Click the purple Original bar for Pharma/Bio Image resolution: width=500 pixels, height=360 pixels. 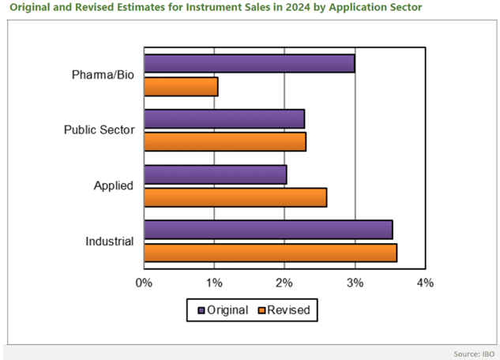click(249, 64)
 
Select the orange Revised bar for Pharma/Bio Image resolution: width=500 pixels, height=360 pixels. click(180, 85)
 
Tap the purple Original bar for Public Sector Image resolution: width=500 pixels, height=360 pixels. click(224, 119)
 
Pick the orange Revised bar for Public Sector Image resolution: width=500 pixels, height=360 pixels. click(225, 141)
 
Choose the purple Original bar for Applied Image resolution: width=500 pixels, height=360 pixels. click(215, 174)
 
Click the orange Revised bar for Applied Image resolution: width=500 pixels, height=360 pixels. click(235, 197)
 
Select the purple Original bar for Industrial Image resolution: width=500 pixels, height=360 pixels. click(268, 230)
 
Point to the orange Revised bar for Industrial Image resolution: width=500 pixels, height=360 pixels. click(270, 252)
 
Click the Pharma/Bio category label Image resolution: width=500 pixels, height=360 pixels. click(101, 75)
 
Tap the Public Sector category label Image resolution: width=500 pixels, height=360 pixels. click(98, 130)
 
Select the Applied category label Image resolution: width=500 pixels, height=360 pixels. click(113, 186)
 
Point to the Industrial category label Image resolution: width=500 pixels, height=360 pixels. click(109, 241)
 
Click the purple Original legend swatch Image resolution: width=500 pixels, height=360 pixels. click(201, 310)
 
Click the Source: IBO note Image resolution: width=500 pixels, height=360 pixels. click(472, 353)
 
